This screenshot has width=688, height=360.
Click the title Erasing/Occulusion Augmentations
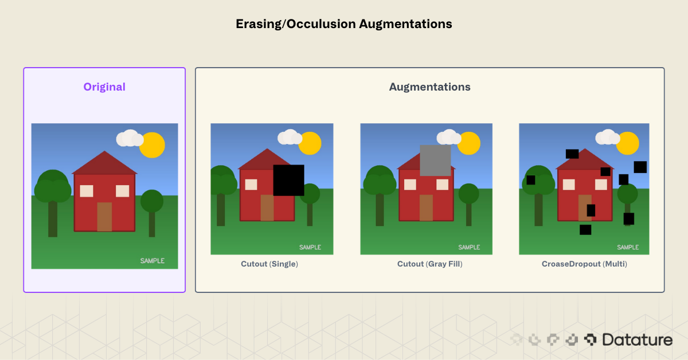click(x=344, y=24)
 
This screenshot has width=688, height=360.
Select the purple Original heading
click(x=104, y=87)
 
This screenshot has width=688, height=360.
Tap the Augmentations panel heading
click(x=429, y=87)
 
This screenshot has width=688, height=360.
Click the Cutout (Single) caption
click(x=269, y=264)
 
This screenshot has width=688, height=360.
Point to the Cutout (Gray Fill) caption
click(x=429, y=264)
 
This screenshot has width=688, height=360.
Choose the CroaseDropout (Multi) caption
click(x=584, y=264)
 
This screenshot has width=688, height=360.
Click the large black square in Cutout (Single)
click(x=288, y=180)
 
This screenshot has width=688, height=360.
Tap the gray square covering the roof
click(x=435, y=161)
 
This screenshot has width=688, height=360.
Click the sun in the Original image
click(x=152, y=145)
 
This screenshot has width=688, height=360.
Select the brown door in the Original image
click(x=104, y=217)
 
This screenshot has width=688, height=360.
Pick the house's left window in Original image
click(x=87, y=191)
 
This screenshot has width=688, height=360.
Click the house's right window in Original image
click(x=123, y=191)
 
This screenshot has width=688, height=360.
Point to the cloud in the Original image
click(x=130, y=139)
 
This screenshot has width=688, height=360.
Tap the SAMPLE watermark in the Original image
click(x=153, y=261)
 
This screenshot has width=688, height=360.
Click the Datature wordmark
click(x=637, y=340)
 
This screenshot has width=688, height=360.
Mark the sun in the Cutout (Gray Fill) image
click(x=468, y=143)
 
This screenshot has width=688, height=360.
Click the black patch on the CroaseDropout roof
click(x=572, y=154)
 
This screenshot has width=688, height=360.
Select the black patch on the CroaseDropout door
click(x=591, y=210)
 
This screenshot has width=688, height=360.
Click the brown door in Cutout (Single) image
click(x=267, y=208)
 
